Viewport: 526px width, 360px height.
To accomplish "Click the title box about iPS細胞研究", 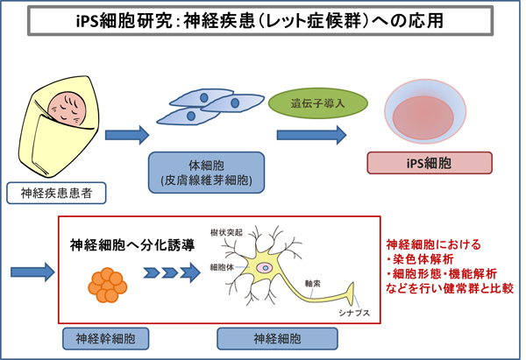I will pos(263,19).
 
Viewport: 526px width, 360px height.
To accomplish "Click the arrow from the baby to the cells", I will pos(125,136).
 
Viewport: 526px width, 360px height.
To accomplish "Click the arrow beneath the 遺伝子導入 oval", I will pos(309,136).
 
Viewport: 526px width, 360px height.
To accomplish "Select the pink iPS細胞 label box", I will pos(426,163).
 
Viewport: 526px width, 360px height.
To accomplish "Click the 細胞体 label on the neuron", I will pos(221,265).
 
